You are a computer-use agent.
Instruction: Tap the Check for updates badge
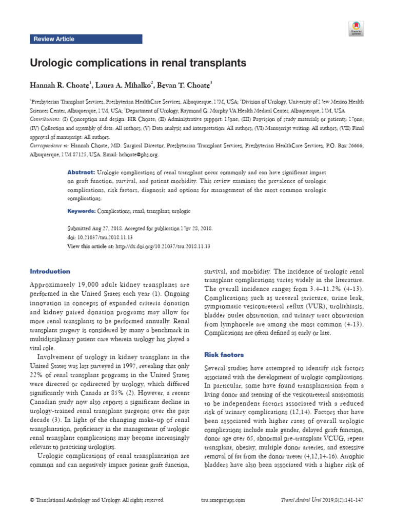point(356,28)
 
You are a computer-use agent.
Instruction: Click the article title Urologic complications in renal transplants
point(138,63)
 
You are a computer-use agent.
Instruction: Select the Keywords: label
point(82,211)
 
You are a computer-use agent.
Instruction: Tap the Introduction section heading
point(50,271)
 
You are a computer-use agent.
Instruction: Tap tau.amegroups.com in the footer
point(221,500)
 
